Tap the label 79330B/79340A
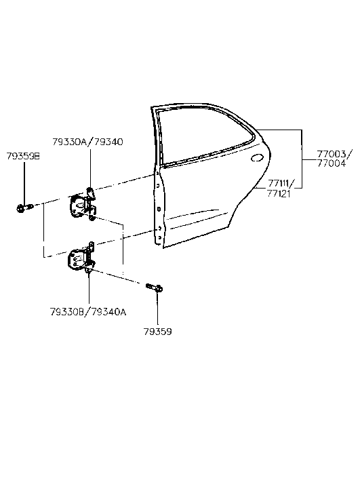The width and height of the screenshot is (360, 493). coord(88,312)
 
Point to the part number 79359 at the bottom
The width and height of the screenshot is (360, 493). coord(157,332)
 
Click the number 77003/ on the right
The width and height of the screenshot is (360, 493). coord(334,154)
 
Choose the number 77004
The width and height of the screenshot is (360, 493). coord(331,163)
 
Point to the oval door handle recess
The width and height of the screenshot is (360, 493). coord(258,158)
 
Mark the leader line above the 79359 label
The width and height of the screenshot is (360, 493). coord(157,310)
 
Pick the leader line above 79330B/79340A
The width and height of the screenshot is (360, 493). coord(89,288)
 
